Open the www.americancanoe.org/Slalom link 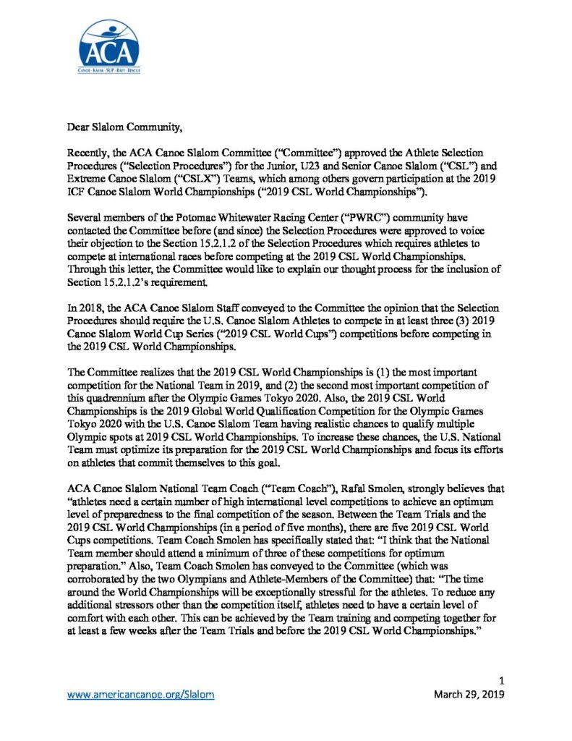coord(140,694)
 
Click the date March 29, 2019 coord(468,694)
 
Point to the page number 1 coord(500,680)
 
